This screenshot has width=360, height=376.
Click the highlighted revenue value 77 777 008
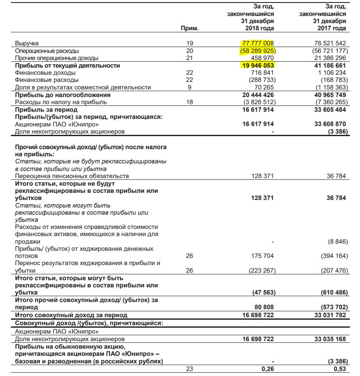258,43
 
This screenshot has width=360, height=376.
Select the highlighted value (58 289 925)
257,50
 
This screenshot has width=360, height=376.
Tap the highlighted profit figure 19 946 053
258,66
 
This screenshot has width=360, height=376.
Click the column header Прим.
189,29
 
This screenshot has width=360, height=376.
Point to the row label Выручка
27,43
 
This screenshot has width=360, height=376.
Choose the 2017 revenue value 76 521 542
330,43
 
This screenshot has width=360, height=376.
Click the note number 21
189,58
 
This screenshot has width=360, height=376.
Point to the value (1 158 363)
330,87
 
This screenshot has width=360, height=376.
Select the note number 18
189,102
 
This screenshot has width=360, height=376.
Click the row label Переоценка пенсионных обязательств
72,176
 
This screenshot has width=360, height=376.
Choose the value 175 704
262,255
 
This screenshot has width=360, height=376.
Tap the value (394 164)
332,255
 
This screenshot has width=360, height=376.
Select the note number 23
189,368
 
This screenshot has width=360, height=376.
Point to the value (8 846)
337,242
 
